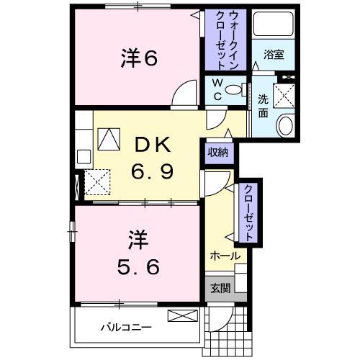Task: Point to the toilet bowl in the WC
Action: point(234,90)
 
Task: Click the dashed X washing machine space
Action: point(286,92)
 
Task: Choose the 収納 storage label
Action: point(219,152)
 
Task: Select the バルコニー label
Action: point(125,327)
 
